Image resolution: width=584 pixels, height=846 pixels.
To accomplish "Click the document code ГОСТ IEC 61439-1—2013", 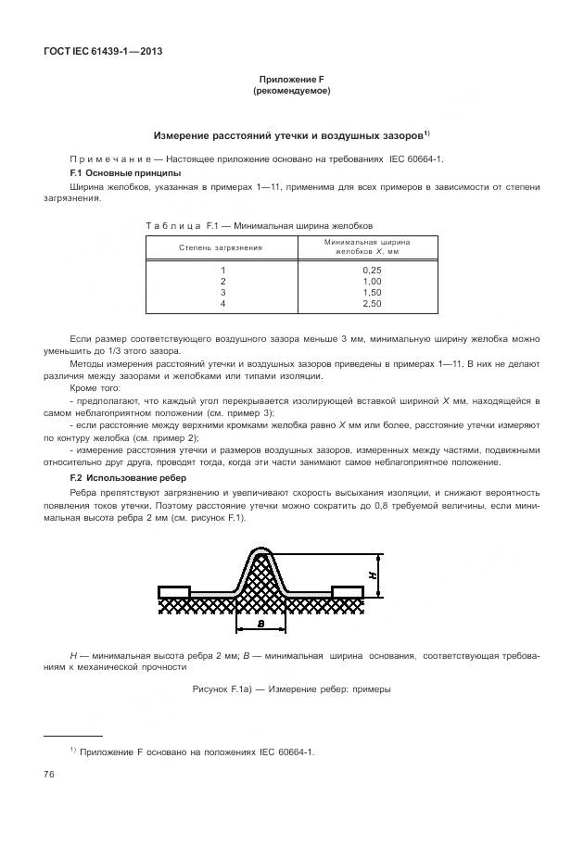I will point(103,51).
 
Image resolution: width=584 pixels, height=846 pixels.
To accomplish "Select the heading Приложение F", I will point(291,80).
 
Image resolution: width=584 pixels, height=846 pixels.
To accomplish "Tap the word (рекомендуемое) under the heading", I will point(291,91).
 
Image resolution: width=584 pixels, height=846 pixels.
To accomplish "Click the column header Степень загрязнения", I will point(221,247).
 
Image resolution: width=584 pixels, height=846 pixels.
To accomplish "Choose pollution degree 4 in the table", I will point(222,303).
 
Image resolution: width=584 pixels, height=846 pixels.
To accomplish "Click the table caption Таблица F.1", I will point(259,225).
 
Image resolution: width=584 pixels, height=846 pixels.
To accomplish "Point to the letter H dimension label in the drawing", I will point(372,575).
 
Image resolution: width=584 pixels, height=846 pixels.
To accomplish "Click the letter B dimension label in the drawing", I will point(261,625).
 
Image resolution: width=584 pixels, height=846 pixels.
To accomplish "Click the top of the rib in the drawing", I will point(260,552).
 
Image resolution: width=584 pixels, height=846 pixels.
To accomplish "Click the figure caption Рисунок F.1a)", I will point(291,689).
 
